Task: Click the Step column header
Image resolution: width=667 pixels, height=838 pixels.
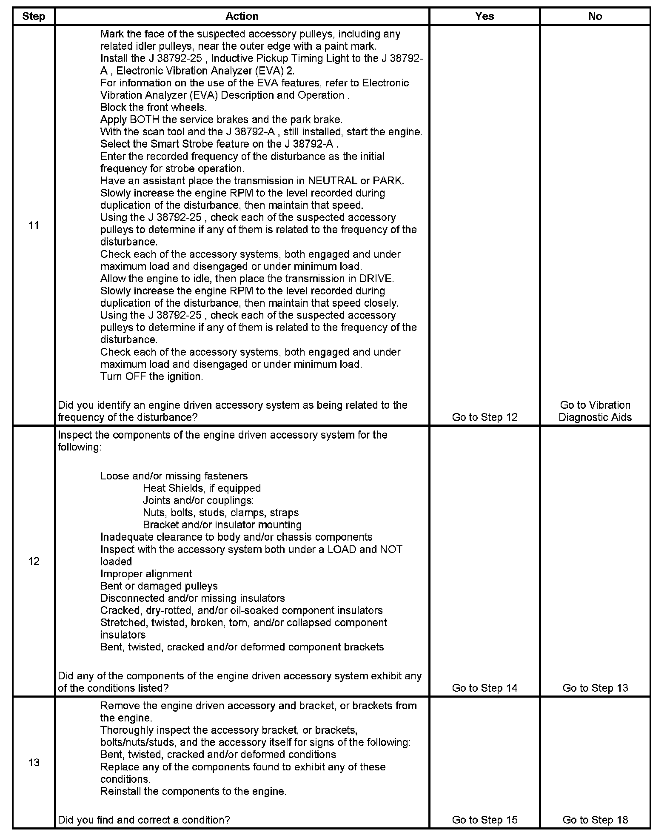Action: click(34, 17)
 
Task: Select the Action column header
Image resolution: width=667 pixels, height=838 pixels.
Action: click(242, 17)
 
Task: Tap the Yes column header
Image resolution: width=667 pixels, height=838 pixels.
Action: click(485, 17)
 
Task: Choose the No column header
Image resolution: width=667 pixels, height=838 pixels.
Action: click(595, 17)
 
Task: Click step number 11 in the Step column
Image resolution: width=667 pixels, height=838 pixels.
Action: click(34, 225)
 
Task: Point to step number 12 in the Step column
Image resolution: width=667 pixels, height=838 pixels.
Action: click(34, 562)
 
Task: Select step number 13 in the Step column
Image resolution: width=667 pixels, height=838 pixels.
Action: click(34, 762)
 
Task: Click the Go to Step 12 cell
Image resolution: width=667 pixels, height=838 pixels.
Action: click(485, 417)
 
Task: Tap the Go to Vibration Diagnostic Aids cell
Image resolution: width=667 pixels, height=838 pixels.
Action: click(595, 411)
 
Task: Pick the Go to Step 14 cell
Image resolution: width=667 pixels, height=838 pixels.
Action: click(485, 688)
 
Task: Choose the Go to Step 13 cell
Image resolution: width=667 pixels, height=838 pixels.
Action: click(595, 688)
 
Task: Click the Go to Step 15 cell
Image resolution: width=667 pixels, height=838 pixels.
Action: click(485, 820)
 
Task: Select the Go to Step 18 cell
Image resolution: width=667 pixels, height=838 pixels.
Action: click(595, 820)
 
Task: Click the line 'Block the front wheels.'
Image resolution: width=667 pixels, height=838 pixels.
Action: click(154, 108)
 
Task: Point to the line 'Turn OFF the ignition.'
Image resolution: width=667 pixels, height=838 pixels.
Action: click(151, 377)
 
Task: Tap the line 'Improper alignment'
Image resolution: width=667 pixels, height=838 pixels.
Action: click(146, 574)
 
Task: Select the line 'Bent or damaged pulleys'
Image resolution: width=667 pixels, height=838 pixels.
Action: click(159, 586)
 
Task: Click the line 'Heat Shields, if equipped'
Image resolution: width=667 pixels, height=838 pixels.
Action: click(202, 488)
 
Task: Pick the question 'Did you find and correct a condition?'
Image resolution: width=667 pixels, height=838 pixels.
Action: click(144, 820)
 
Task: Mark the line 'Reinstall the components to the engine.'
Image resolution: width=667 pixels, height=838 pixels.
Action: click(194, 792)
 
